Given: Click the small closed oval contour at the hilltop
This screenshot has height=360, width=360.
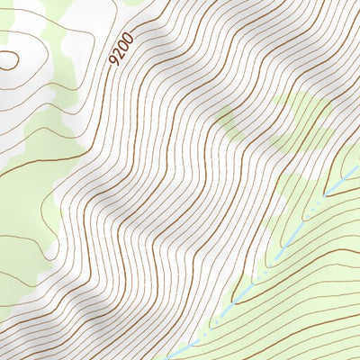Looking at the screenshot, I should tap(8, 60).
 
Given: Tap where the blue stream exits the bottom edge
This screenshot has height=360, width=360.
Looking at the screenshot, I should tap(171, 357).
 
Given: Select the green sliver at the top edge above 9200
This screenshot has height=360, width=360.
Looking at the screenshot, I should tap(135, 3).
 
